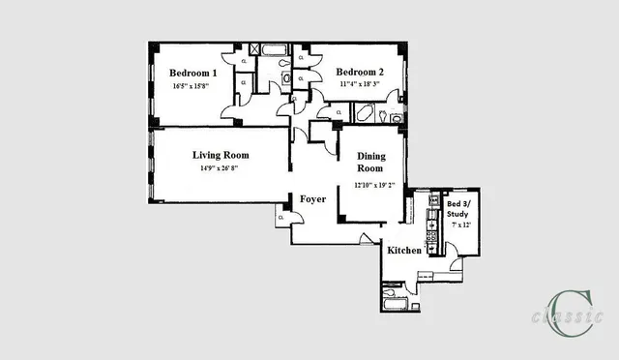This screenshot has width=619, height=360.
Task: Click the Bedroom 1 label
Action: tap(193, 73)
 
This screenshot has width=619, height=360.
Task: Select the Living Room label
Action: tap(221, 155)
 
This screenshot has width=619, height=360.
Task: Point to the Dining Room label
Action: tap(371, 163)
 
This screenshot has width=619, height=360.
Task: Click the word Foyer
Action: tap(312, 199)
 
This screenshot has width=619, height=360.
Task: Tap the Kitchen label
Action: tap(404, 251)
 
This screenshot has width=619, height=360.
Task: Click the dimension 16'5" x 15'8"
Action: tap(193, 86)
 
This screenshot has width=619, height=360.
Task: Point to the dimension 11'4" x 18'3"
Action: tap(360, 85)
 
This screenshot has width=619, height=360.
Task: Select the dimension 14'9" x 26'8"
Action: tap(221, 168)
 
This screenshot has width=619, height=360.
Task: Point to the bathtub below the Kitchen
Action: tap(397, 306)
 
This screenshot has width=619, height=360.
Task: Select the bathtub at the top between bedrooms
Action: tap(273, 49)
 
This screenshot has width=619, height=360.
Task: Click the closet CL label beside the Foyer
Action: tap(280, 218)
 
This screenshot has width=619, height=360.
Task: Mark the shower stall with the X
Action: tap(253, 49)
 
